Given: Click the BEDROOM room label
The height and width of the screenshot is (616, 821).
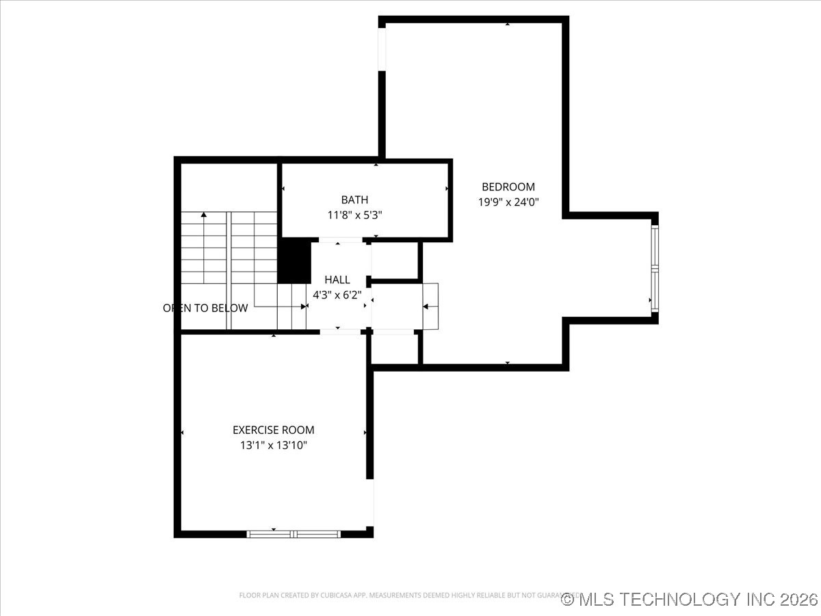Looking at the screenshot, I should coord(508,187).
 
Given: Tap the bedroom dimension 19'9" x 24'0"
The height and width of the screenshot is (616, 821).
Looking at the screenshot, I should coord(508,202).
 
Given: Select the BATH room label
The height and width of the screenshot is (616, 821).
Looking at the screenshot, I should coord(354,200).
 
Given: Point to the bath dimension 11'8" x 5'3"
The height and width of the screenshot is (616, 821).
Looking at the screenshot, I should coord(354,214).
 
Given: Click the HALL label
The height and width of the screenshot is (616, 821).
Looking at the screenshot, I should coord(337,280).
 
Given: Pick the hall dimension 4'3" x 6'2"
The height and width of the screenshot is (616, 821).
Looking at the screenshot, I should coord(337,295).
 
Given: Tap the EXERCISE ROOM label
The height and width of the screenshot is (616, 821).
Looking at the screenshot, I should coord(273,430).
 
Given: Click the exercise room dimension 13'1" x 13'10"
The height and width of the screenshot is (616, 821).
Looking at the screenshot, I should coord(273,445).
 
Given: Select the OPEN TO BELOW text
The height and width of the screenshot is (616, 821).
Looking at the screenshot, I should coord(205,308).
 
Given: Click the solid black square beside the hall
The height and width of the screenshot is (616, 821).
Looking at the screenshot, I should coord(294,260).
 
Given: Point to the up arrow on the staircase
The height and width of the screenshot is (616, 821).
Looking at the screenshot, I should coord(203,216).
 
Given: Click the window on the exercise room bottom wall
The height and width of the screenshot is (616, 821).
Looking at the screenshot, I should coord(294,533).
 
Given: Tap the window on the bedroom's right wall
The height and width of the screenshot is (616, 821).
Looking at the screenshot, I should coord(655,269).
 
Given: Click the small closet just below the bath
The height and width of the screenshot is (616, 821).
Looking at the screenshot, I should coord(395,260).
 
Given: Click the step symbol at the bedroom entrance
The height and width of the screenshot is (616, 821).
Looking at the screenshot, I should coord(430,306).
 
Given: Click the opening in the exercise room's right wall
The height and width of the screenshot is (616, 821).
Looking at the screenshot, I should coord(371,502).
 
